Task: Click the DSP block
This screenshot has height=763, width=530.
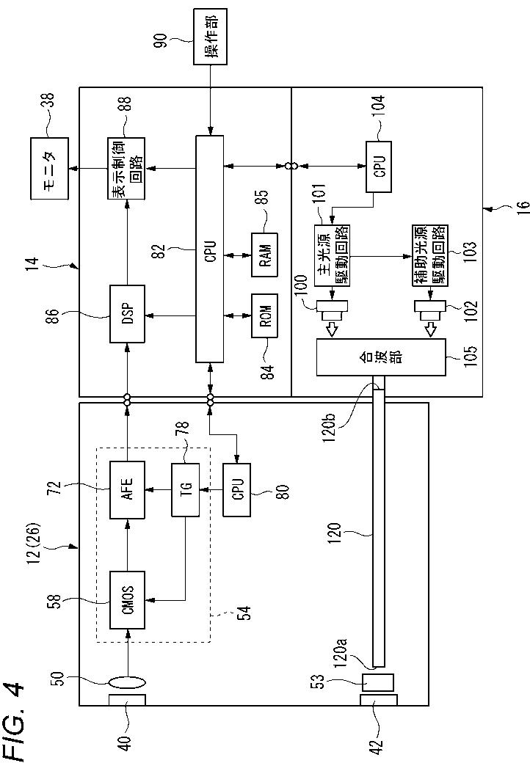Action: click(127, 313)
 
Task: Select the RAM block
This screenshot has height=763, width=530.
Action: click(264, 255)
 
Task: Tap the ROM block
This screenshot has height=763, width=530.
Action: click(264, 315)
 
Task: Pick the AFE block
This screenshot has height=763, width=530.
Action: click(127, 490)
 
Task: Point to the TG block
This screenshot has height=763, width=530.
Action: click(186, 490)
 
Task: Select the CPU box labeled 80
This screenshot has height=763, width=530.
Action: click(236, 490)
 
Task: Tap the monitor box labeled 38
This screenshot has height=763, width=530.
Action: click(49, 168)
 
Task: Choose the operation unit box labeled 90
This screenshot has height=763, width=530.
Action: click(210, 37)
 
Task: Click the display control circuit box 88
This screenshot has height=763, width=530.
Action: click(126, 168)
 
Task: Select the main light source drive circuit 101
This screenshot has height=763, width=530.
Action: click(333, 255)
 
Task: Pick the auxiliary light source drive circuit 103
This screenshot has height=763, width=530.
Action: click(430, 255)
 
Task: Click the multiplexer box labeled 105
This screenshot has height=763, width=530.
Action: click(381, 357)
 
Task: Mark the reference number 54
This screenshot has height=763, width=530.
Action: click(246, 613)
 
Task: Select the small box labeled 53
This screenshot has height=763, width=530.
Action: click(378, 682)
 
